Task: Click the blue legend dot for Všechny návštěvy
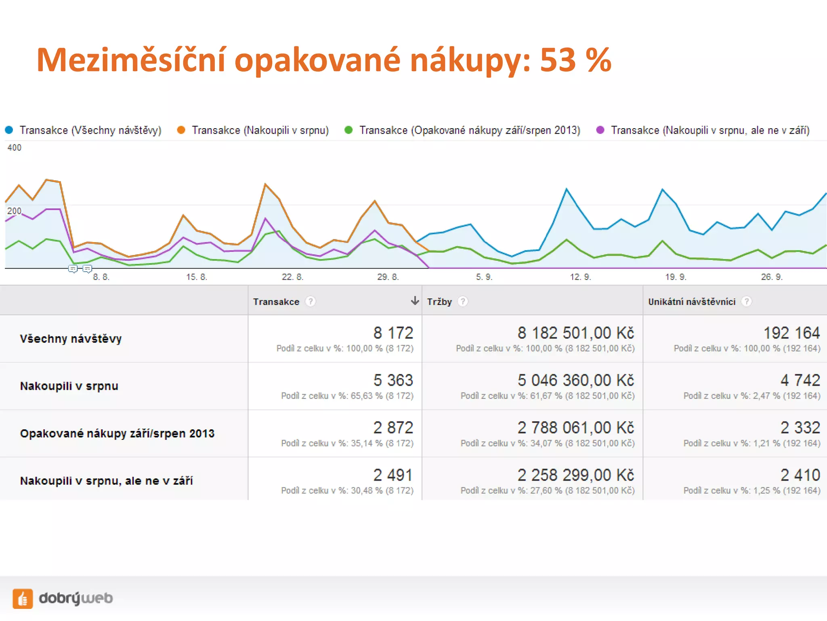coord(9,130)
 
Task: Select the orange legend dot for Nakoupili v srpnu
coord(181,130)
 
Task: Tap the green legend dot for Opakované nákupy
coord(348,130)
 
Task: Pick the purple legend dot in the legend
coord(600,130)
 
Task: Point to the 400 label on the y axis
coord(14,148)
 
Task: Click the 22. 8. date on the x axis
coord(292,277)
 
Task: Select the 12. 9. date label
coord(580,277)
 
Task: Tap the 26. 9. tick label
coord(772,277)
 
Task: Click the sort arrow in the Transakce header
coord(414,300)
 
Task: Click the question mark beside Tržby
coord(463,301)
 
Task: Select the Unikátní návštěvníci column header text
coord(692,302)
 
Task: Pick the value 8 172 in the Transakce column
coord(393,333)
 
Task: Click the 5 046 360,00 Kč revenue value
coord(575,380)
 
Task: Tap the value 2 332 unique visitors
coord(800,427)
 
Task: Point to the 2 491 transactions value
coord(393,475)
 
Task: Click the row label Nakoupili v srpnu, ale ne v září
coord(106,481)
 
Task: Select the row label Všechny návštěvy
coord(71,338)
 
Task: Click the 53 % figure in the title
coord(575,60)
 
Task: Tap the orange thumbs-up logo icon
coord(23,598)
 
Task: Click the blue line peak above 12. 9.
coord(567,189)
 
